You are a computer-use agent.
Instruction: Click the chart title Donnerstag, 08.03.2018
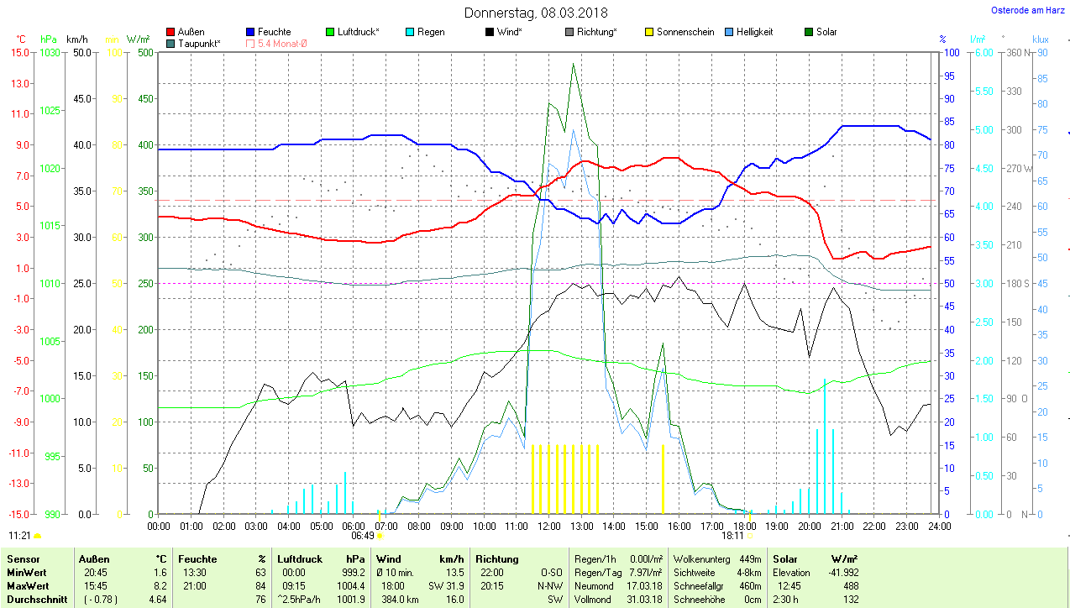point(536,13)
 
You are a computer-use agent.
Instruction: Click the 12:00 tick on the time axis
point(548,527)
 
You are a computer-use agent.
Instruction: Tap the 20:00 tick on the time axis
point(809,527)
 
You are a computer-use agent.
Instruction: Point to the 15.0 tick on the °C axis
point(18,52)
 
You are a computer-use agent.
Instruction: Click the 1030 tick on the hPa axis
point(50,52)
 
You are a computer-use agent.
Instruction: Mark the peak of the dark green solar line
point(574,64)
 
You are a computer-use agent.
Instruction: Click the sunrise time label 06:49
point(363,535)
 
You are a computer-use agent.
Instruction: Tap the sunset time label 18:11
point(732,535)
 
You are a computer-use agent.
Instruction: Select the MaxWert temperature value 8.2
point(160,586)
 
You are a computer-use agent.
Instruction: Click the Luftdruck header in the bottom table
point(299,558)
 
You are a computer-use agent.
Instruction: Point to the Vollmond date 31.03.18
point(643,600)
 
